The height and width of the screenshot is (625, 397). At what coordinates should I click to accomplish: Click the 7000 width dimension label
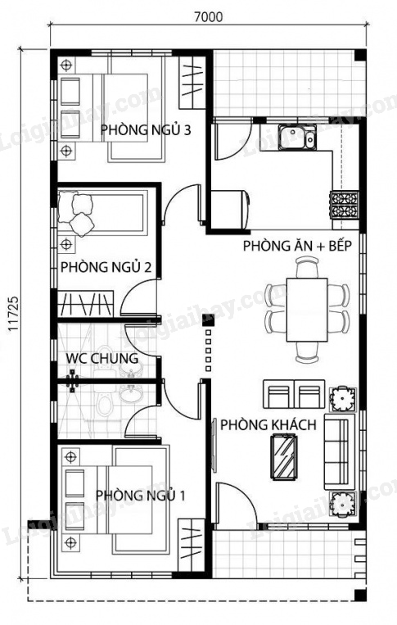coord(208,16)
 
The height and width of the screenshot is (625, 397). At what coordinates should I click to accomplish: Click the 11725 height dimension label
coord(14,314)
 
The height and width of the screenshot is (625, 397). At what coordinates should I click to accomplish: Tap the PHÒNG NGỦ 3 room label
coord(146,130)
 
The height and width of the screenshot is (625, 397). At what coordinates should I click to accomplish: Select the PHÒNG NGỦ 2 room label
coord(106,267)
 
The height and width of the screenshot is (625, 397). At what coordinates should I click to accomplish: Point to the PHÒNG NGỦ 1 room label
coord(141,496)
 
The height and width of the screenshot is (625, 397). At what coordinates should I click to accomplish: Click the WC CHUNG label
coord(102,358)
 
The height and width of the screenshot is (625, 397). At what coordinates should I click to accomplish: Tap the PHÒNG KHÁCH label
coord(268,425)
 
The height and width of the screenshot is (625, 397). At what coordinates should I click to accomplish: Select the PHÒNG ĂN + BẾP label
coord(297,246)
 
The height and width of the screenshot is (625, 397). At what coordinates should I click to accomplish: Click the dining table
coord(307,310)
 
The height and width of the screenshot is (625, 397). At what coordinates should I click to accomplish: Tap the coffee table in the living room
coord(283,457)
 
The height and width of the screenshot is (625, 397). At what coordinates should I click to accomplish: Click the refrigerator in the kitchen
coord(230,210)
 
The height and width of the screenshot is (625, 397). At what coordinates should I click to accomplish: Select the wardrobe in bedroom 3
coord(192,82)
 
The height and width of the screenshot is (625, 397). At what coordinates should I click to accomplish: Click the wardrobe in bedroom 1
coord(191,545)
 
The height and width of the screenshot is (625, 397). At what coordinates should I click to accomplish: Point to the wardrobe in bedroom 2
coord(85,304)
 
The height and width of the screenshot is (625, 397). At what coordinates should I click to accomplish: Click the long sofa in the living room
coord(339,451)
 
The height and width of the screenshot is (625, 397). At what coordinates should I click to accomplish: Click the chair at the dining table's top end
coord(307,267)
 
